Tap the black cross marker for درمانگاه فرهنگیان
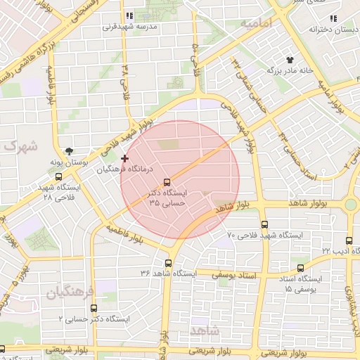[x=125, y=159]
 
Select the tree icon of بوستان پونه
[x=69, y=150]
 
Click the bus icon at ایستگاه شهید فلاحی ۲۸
[x=58, y=177]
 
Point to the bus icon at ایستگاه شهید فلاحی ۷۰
[x=264, y=224]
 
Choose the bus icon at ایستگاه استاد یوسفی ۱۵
[x=301, y=268]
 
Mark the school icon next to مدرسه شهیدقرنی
[x=128, y=15]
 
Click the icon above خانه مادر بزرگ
[x=289, y=60]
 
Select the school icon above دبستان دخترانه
[x=333, y=18]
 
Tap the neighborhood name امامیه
[x=256, y=23]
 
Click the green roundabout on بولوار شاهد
[x=350, y=205]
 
